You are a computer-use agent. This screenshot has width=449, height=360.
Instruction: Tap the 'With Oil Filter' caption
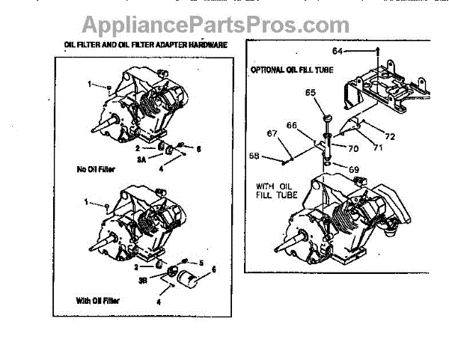(98, 301)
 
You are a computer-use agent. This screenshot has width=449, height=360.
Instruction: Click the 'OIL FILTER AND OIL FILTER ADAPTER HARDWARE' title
(146, 45)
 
